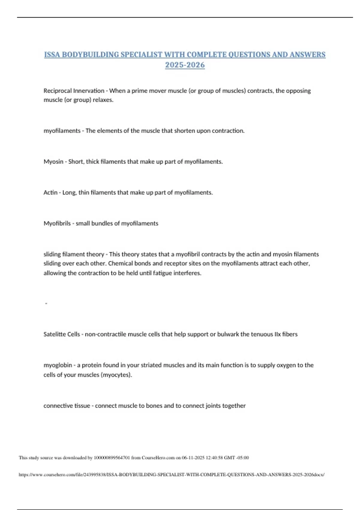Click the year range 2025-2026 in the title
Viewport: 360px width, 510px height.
tap(185, 65)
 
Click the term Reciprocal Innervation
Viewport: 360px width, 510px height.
tap(74, 91)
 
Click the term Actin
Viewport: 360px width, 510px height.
tap(50, 193)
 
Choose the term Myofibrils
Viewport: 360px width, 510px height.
tap(57, 223)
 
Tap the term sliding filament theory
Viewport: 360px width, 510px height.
tap(74, 254)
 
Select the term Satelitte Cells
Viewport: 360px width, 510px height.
tap(61, 334)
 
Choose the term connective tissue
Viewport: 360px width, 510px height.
tap(67, 406)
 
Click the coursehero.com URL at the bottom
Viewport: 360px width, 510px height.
tap(171, 475)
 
